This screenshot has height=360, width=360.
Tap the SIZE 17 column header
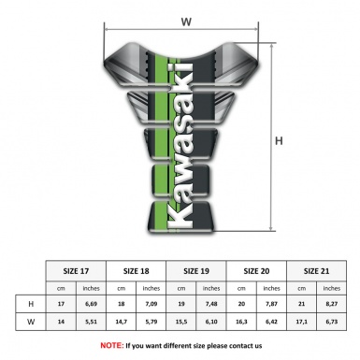77,268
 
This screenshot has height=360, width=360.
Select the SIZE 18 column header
137,268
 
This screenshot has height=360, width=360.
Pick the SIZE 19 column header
197,268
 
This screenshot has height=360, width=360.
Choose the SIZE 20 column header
257,268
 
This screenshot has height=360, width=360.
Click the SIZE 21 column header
317,268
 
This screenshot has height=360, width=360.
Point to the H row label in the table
32,304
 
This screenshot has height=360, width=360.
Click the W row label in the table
32,324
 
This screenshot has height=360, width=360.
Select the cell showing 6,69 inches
92,304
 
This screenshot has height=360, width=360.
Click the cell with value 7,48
212,304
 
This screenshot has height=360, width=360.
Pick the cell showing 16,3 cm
242,324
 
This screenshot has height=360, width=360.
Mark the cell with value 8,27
332,304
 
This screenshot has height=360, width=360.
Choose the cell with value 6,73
332,324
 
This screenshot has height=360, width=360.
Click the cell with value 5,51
92,324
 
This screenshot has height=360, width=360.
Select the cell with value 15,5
181,324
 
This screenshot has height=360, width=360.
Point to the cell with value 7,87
272,304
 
